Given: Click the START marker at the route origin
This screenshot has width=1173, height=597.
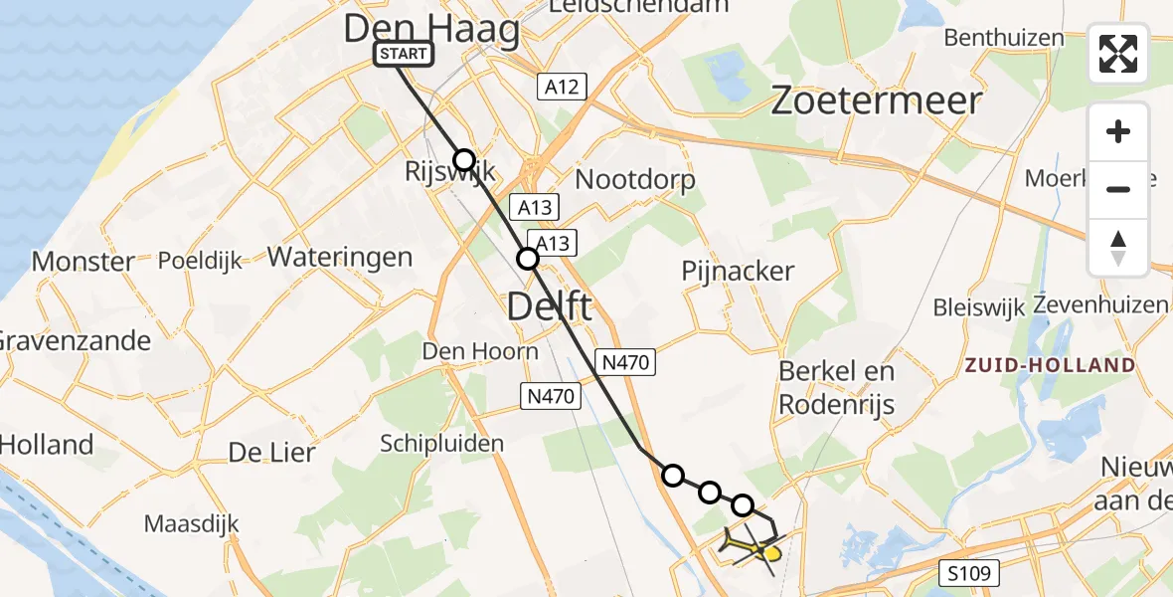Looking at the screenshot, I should click(404, 54).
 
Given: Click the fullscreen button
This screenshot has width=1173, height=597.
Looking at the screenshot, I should click(1118, 54).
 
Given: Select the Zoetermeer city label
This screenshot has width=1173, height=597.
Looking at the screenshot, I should click(878, 100).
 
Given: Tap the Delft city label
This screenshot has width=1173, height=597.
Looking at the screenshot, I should click(549, 305).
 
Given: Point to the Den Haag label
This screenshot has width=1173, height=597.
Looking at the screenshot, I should click(431, 29).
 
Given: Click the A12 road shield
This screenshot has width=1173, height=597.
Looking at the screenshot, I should click(562, 87).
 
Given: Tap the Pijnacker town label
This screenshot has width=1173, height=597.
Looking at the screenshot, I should click(738, 271).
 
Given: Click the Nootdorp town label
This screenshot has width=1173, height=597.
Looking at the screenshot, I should click(635, 179).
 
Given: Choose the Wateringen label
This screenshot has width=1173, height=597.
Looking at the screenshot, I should click(340, 257).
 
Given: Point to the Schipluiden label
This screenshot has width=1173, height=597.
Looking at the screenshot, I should click(441, 444).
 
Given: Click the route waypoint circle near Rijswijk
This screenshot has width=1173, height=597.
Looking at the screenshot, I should click(464, 159).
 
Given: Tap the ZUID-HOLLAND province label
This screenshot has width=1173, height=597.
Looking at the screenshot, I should click(1050, 365).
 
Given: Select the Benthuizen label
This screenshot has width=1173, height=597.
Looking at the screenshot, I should click(1004, 38).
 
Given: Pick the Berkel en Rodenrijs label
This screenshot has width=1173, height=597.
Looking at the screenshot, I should click(836, 388).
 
